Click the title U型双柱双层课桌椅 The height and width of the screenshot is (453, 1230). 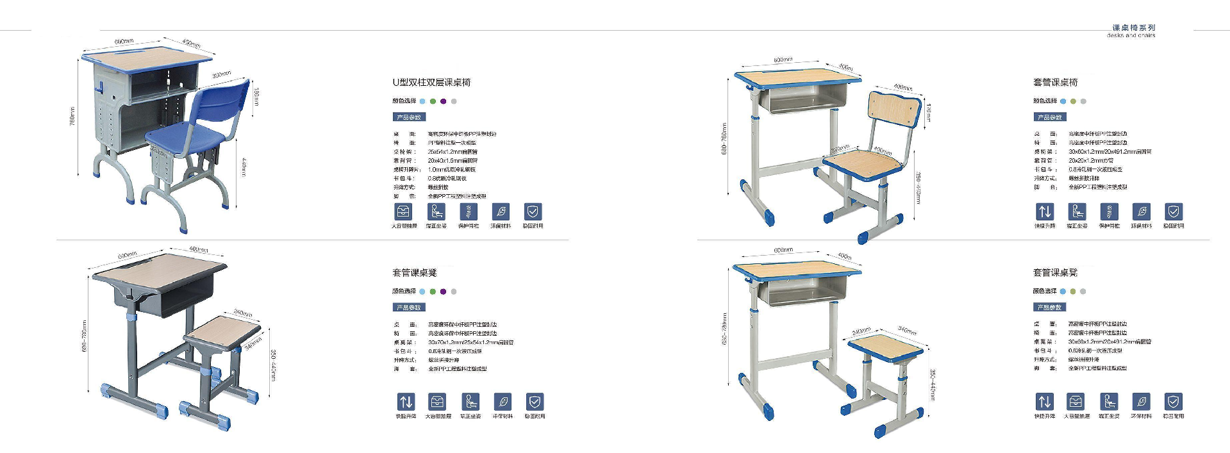[x=431, y=83]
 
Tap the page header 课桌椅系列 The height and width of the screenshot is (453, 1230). [x=1133, y=28]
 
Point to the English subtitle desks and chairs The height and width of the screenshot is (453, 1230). [x=1131, y=35]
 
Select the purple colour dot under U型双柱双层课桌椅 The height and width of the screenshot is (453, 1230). [x=443, y=101]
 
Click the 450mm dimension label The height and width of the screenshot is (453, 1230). [x=191, y=44]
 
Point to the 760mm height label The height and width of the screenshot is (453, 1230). [x=72, y=116]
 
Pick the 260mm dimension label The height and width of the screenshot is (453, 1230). [x=242, y=313]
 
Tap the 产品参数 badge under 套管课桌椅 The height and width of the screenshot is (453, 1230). [x=1049, y=117]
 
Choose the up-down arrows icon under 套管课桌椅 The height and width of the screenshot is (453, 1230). [x=1045, y=211]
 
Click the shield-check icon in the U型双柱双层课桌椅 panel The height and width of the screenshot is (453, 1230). [x=533, y=211]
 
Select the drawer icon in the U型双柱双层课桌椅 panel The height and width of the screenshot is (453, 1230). [x=403, y=211]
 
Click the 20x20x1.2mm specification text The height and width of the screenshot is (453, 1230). [x=1090, y=161]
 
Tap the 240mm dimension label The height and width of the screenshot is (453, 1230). [x=860, y=331]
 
